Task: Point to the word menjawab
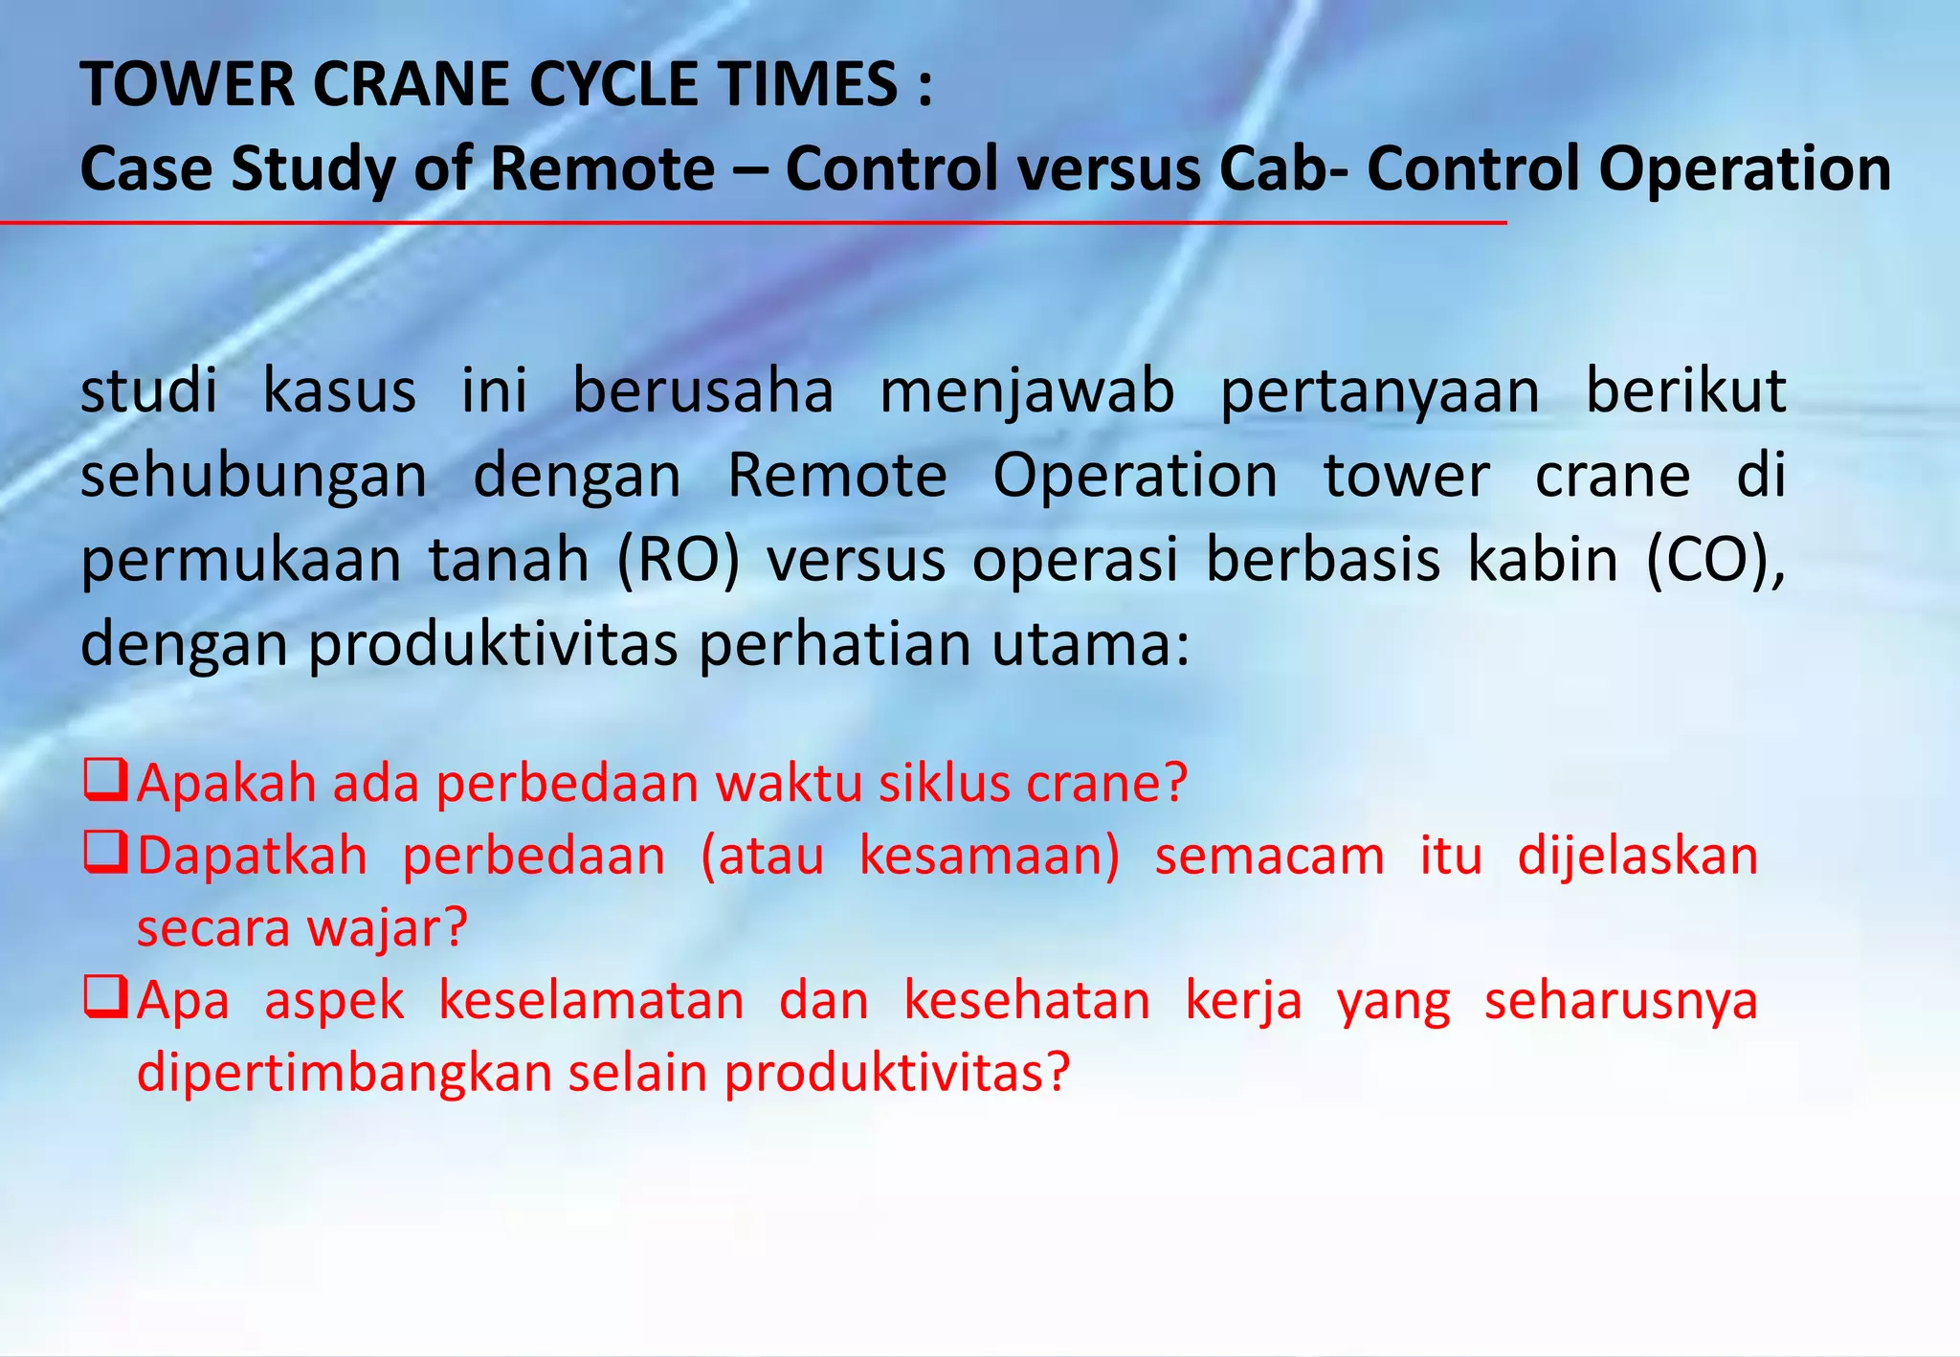coord(1027,391)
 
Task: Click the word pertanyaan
coord(1380,393)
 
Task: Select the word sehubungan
coord(254,477)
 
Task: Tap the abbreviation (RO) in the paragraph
coord(679,561)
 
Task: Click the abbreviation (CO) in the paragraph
coord(1714,561)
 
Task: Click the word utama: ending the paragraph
coord(1090,644)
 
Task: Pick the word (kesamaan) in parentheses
coord(990,856)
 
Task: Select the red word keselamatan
coord(590,1001)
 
